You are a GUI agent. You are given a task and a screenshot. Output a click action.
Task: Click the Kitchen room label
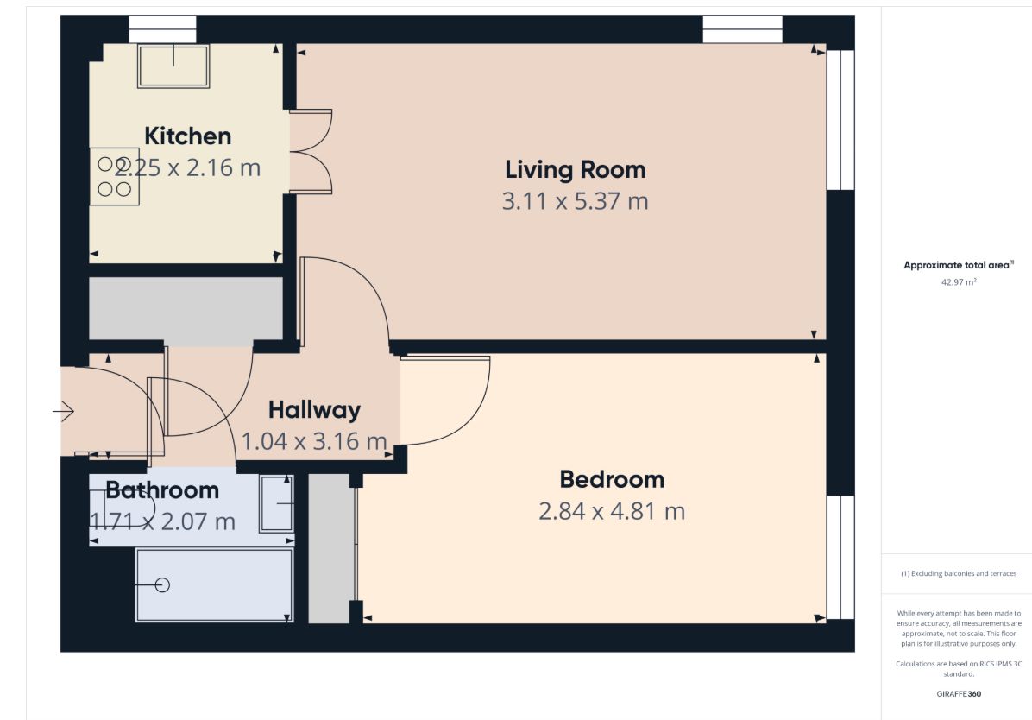coord(187,136)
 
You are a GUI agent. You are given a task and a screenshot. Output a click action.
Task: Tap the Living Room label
coord(576,170)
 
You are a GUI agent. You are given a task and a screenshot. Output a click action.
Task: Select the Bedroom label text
coord(612,479)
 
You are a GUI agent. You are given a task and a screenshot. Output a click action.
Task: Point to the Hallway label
coord(314,410)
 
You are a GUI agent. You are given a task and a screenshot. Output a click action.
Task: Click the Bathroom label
coord(162,490)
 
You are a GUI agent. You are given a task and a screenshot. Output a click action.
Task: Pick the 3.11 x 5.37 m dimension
coord(576,201)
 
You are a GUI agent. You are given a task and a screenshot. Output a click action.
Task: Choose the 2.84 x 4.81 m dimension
coord(612,511)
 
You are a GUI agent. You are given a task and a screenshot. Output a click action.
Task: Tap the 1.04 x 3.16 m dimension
coord(314,441)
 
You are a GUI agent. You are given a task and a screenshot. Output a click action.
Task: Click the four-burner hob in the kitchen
coord(115,176)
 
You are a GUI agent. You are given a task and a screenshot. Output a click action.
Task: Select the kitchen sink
coord(173,66)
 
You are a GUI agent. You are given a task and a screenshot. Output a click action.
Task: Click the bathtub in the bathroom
coord(215,585)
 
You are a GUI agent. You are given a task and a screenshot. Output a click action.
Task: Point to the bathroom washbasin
coord(276,503)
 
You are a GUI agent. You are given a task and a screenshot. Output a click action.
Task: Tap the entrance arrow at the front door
coord(63,412)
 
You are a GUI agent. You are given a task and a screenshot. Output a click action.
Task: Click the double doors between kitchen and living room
coord(311,151)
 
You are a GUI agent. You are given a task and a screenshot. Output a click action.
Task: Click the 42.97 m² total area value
coord(959,282)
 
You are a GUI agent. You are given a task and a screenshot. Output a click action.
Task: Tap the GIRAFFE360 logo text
coord(959,693)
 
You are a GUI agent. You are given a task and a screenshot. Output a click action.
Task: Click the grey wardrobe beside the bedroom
coord(329,548)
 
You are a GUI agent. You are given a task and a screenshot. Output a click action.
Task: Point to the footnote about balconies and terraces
coord(959,574)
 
